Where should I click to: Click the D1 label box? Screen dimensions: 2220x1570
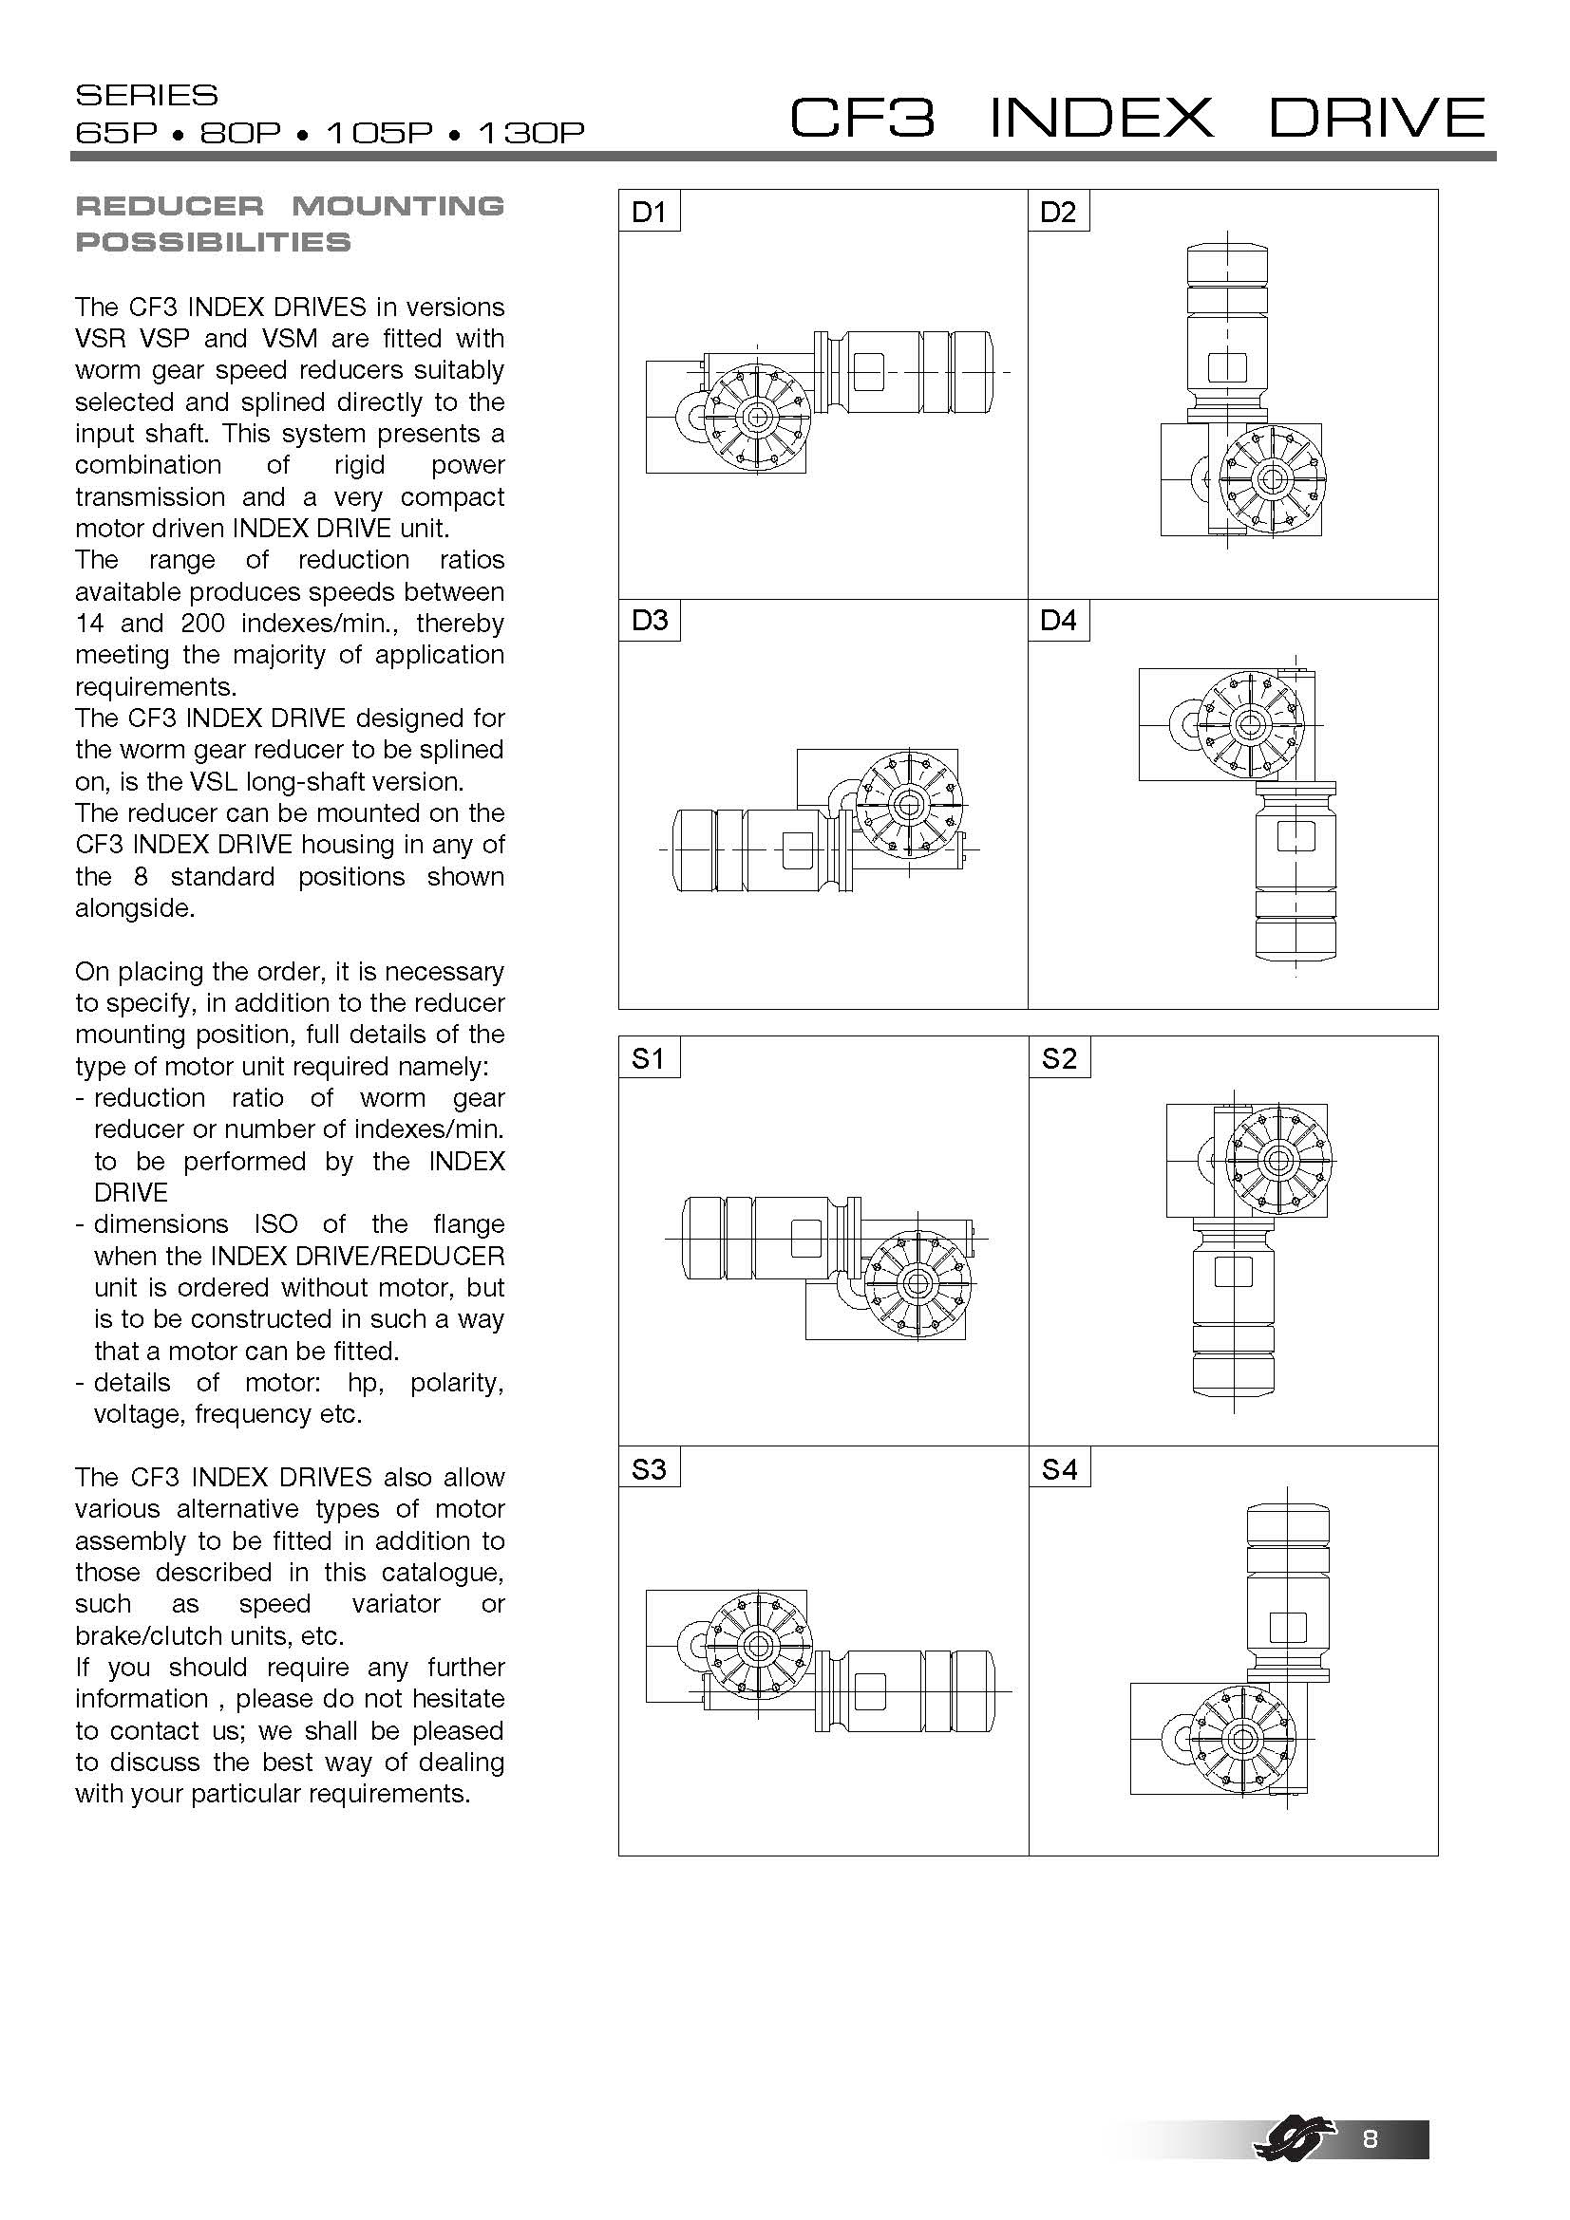tap(649, 211)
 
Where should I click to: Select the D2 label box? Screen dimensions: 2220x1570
tap(1058, 211)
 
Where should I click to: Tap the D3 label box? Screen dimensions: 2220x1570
tap(649, 620)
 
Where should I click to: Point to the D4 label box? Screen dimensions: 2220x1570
tap(1058, 620)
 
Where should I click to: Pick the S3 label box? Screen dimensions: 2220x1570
tap(649, 1468)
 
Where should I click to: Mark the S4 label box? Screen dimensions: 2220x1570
tap(1059, 1468)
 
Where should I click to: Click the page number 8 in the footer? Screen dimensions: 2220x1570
tap(1370, 2137)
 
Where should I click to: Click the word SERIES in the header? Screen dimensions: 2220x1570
tap(147, 95)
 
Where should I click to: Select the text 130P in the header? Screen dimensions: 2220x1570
tap(531, 133)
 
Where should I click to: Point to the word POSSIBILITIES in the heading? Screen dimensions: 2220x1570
tap(214, 242)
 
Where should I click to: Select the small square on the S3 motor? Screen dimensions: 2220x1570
tap(869, 1691)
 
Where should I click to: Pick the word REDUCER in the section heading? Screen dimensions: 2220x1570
tap(169, 206)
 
